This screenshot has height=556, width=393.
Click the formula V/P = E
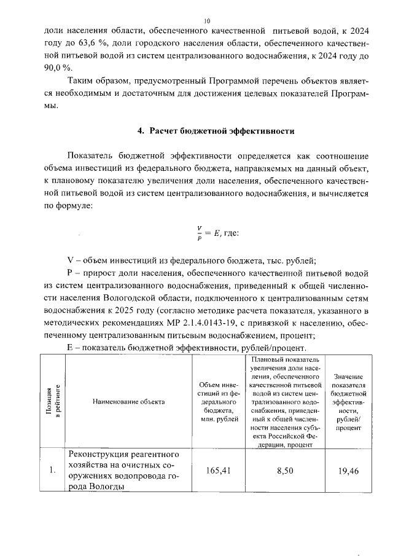(209, 232)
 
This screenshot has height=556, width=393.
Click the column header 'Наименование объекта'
(128, 402)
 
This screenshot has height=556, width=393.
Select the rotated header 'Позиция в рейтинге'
(53, 402)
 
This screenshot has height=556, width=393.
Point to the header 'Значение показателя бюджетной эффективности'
(348, 402)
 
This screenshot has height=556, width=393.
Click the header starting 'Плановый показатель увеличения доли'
(282, 402)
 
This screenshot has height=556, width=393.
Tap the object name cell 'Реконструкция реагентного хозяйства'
(128, 471)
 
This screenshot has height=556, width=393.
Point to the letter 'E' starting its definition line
(69, 348)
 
